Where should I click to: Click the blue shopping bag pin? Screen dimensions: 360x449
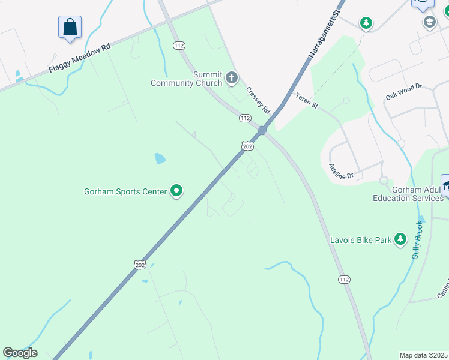tap(70, 27)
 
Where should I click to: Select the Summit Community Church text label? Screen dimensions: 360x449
tap(186, 79)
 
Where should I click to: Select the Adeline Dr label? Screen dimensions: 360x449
tap(341, 172)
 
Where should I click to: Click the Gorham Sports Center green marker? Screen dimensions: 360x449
tap(176, 191)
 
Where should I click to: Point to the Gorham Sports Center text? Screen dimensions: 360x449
tap(125, 192)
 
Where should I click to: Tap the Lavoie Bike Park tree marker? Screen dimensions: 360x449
tap(400, 241)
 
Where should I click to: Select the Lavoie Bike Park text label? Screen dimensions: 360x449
tap(360, 241)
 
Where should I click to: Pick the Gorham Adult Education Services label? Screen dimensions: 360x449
tap(409, 194)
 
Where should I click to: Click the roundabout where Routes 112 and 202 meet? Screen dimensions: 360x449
tap(262, 130)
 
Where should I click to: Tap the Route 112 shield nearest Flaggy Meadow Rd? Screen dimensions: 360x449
tap(178, 46)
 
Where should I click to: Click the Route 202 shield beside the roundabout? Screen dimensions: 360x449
tap(247, 146)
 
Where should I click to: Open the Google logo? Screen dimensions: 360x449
tap(20, 353)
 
